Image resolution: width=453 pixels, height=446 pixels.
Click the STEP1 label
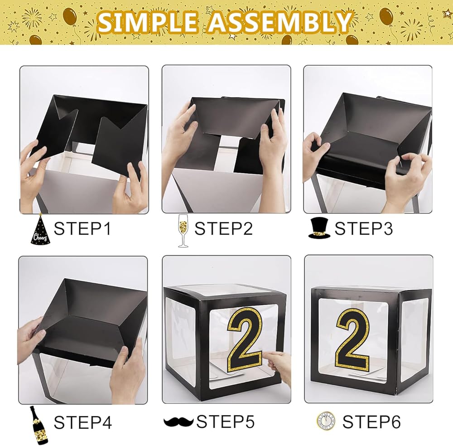[x=82, y=228]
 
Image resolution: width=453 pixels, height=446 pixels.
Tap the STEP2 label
[x=224, y=228]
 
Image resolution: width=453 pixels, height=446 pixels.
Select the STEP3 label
[x=364, y=228]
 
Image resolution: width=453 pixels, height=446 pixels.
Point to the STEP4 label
[x=83, y=422]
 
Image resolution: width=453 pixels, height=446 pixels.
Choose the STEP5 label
[x=226, y=422]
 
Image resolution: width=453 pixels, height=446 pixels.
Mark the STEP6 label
[x=371, y=422]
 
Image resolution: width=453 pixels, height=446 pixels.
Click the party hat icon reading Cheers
[x=40, y=229]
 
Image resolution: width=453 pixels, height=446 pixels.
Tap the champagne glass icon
[x=183, y=231]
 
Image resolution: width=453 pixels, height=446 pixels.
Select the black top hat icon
[x=319, y=228]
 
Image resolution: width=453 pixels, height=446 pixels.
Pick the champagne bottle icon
[x=39, y=425]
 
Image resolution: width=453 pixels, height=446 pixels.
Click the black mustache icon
[x=178, y=422]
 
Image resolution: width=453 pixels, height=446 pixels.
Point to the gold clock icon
[x=326, y=421]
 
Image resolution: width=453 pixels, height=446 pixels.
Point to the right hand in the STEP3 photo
[x=406, y=182]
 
